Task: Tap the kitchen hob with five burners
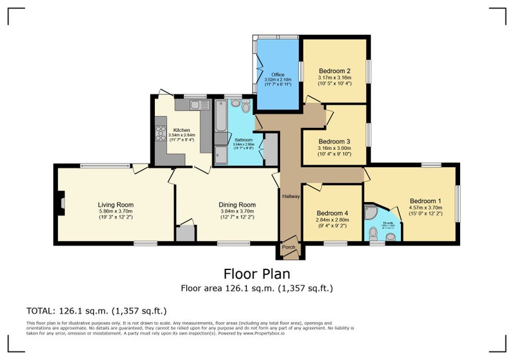click(x=160, y=132)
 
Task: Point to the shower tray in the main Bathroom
click(x=221, y=154)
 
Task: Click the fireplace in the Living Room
click(x=62, y=203)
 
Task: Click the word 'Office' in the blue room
click(x=277, y=75)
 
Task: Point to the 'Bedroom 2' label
click(x=334, y=71)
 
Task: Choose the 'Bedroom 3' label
click(x=334, y=141)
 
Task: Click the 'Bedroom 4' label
click(x=333, y=213)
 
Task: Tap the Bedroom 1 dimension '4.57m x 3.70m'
click(x=426, y=208)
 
